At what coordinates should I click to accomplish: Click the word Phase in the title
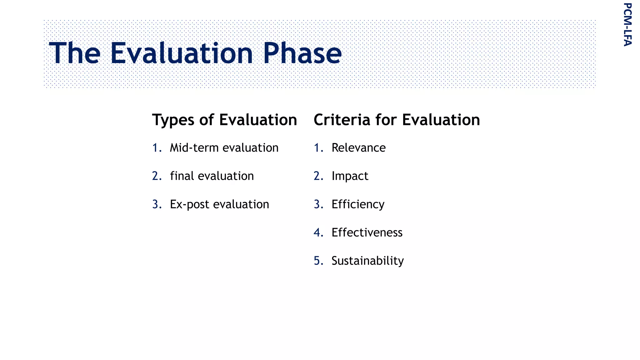point(302,53)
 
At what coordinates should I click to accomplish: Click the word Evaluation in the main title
point(182,53)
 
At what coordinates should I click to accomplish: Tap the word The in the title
point(75,53)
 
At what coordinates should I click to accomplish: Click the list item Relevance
point(358,148)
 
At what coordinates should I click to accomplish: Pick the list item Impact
point(350,176)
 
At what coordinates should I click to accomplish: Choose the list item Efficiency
point(358,205)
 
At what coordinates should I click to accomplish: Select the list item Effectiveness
point(367,232)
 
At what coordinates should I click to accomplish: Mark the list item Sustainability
point(367,261)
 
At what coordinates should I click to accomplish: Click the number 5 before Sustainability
point(317,261)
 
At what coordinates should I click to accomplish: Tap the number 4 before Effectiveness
point(317,232)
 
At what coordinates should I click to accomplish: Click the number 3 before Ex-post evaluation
point(156,204)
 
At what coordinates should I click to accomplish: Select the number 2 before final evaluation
point(156,176)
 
